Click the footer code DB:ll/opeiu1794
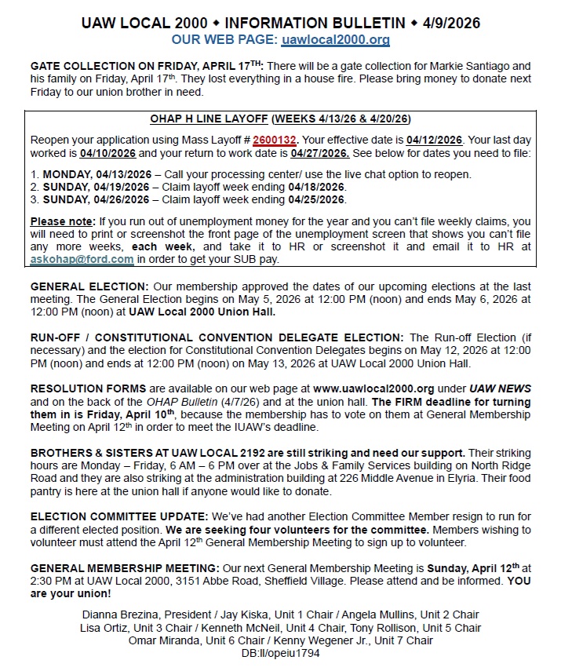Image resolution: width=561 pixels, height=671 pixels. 280,653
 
